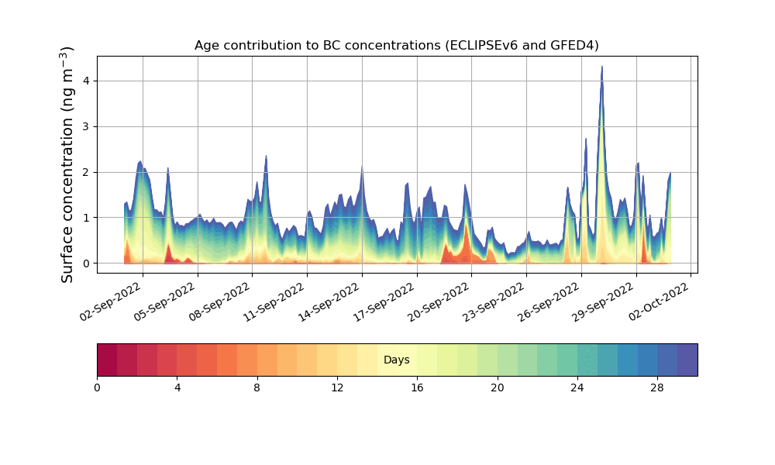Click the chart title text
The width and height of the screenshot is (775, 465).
pyautogui.click(x=396, y=46)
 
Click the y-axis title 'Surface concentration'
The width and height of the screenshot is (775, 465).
pyautogui.click(x=68, y=164)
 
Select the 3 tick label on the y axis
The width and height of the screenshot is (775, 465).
pyautogui.click(x=87, y=126)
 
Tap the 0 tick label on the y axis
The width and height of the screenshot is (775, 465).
pyautogui.click(x=87, y=263)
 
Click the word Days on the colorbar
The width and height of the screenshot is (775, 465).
pyautogui.click(x=396, y=360)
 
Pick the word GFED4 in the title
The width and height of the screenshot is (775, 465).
pyautogui.click(x=574, y=46)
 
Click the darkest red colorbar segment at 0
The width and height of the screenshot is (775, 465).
pyautogui.click(x=107, y=360)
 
